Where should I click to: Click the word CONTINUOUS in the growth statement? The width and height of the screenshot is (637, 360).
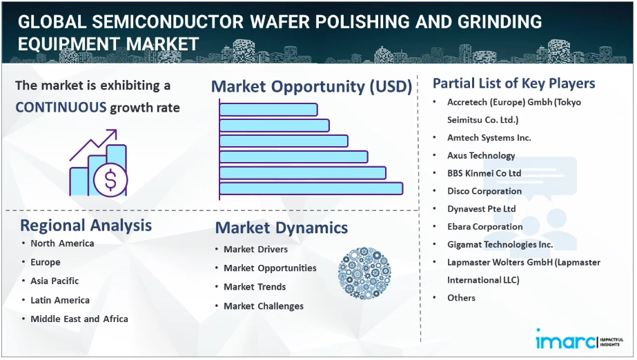tap(61, 108)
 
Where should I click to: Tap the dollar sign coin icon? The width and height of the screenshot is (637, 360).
tap(110, 180)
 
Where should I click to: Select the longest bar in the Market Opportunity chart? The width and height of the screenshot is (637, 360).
tap(311, 189)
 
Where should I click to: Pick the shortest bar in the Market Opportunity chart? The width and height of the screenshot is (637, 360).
tap(268, 110)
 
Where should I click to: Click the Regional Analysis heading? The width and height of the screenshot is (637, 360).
tap(86, 226)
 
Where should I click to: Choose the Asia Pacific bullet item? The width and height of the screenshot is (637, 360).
tap(55, 281)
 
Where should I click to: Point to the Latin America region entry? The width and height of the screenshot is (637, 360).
tap(60, 300)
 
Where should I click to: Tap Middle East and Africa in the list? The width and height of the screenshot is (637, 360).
tap(79, 319)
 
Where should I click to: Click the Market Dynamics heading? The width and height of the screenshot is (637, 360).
tap(282, 228)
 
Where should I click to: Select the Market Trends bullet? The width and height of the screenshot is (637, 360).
tap(255, 287)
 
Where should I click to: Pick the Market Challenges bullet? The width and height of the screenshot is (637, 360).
tap(264, 306)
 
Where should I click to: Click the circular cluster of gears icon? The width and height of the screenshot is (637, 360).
tap(364, 274)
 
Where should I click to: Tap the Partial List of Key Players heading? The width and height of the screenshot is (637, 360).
tap(514, 83)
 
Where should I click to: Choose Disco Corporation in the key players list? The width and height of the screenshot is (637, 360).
tap(484, 191)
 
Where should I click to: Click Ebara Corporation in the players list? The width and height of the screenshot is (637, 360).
tap(485, 227)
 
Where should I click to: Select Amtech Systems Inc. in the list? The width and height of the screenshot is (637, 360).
tap(489, 138)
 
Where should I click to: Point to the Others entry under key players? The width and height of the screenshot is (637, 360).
tap(462, 298)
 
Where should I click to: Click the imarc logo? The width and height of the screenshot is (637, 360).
tap(579, 340)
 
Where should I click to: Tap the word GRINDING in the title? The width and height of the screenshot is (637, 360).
tap(500, 22)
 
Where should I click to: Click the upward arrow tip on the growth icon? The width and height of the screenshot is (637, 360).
tap(116, 130)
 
